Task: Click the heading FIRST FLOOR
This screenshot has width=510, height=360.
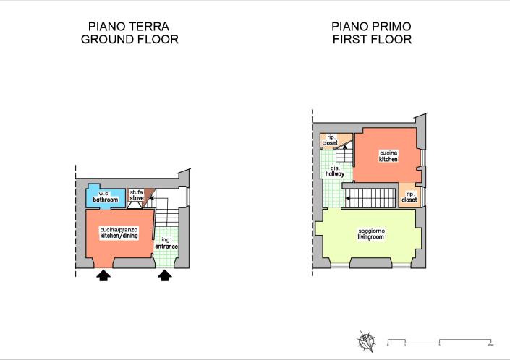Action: click(x=372, y=40)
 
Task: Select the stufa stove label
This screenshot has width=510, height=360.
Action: click(x=136, y=194)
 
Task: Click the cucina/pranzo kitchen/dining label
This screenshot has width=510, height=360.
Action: click(x=119, y=233)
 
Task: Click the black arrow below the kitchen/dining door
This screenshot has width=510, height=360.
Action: click(x=103, y=275)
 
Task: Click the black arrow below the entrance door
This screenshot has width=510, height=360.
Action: click(x=165, y=275)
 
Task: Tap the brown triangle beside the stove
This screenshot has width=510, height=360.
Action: click(x=150, y=196)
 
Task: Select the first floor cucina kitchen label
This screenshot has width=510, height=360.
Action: click(x=388, y=155)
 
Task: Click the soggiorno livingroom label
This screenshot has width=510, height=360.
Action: click(x=372, y=233)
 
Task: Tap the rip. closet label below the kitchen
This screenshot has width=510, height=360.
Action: click(x=409, y=197)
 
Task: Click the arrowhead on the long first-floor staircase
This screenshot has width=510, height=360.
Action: click(x=348, y=196)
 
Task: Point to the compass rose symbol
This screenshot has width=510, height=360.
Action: click(x=367, y=340)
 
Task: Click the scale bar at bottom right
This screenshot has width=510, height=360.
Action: click(x=440, y=340)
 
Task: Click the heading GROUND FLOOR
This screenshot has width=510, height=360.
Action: click(x=129, y=40)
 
